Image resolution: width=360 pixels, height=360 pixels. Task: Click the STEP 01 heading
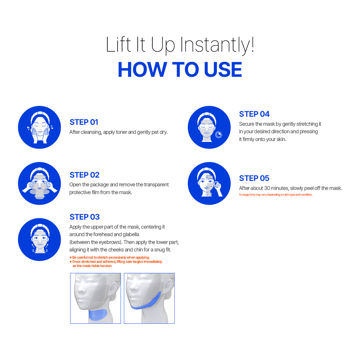tap(84, 122)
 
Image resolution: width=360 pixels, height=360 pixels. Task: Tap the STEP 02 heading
tap(84, 175)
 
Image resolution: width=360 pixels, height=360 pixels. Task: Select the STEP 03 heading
tap(85, 217)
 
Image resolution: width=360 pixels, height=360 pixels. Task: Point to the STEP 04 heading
tap(254, 114)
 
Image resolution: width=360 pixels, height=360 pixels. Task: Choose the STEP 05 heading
tap(254, 178)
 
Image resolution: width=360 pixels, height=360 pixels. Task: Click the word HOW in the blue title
tap(142, 70)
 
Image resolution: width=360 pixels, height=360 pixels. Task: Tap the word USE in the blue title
tap(223, 70)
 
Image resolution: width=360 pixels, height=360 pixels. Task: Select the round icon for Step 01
tap(39, 127)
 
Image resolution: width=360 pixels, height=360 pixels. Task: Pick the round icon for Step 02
tap(39, 183)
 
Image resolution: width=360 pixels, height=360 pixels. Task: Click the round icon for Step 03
tap(39, 239)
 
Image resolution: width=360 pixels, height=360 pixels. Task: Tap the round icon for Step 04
tap(209, 127)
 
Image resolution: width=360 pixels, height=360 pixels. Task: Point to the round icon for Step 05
tap(209, 183)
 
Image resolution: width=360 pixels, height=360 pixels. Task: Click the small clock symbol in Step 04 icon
tap(219, 134)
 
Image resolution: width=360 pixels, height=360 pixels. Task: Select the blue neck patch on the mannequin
tap(97, 314)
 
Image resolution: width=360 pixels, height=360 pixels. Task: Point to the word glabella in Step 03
tap(131, 234)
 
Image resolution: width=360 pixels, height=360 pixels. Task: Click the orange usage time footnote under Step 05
tap(276, 194)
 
